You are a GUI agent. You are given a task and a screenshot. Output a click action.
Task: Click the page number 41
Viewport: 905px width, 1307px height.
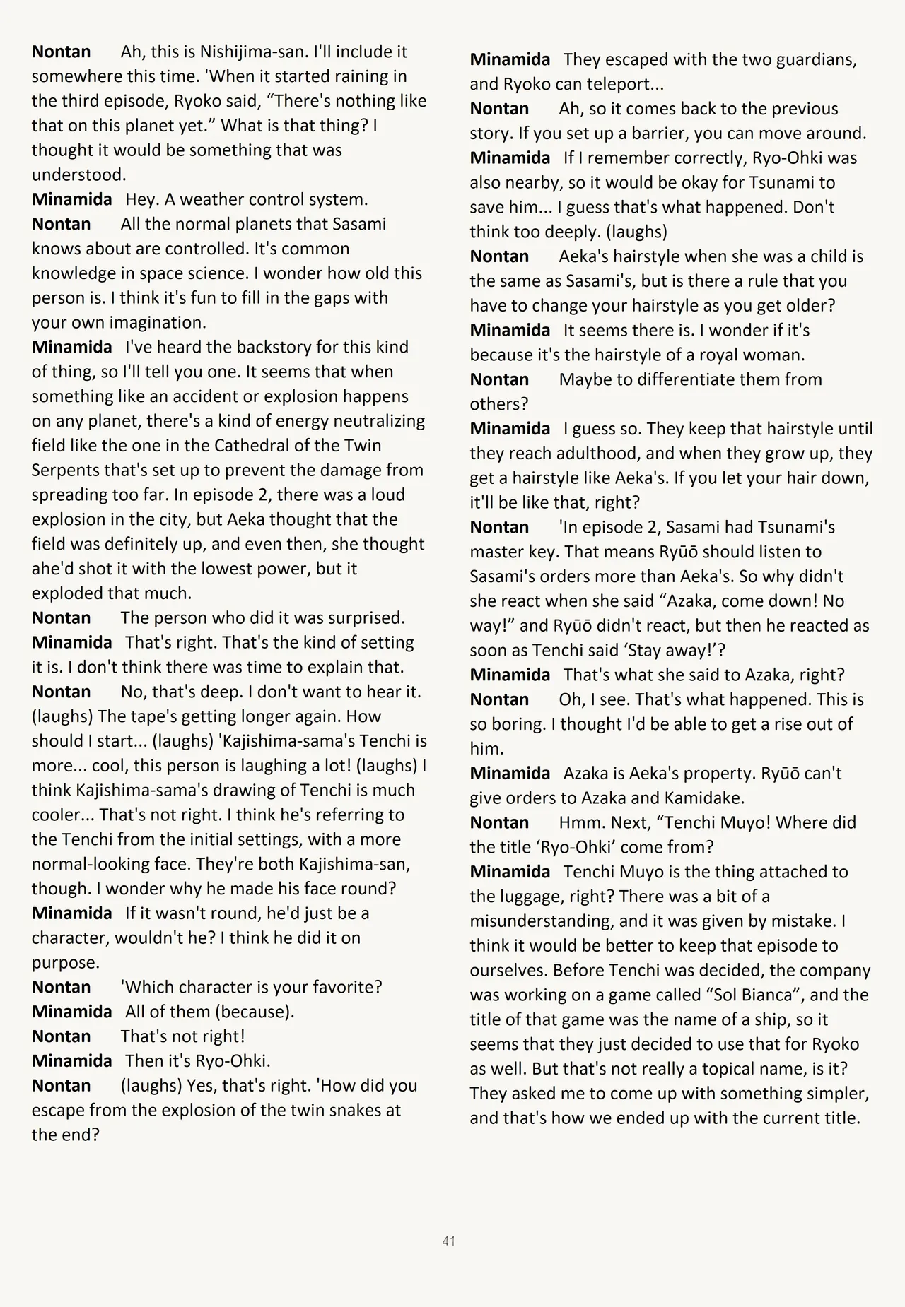pyautogui.click(x=448, y=1241)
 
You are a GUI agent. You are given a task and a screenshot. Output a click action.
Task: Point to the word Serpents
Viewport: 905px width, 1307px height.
pyautogui.click(x=67, y=471)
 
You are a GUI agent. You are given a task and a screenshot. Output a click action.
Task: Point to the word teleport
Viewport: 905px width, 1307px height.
pyautogui.click(x=629, y=84)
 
